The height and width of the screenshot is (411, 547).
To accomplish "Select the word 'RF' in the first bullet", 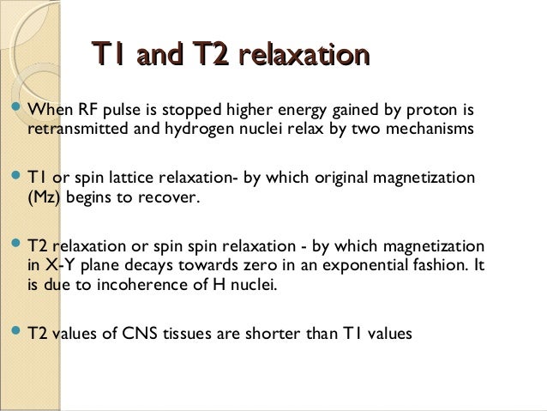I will pyautogui.click(x=88, y=111).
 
